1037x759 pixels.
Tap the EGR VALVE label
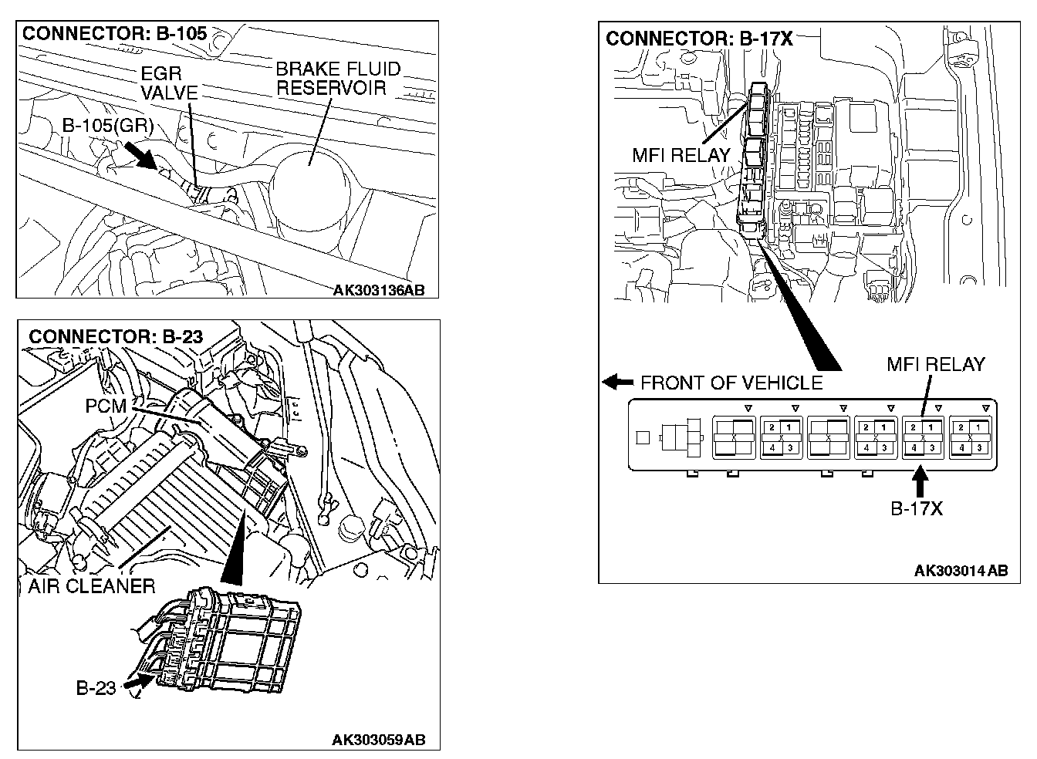[x=170, y=83]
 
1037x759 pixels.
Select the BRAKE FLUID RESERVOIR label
[x=338, y=78]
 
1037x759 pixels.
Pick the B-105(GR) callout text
[x=108, y=126]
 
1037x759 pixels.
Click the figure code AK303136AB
[x=378, y=291]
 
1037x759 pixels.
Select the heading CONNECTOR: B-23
[x=115, y=337]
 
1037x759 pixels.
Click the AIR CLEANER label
[x=92, y=586]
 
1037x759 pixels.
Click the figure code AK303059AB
[x=378, y=740]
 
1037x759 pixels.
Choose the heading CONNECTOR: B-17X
[x=699, y=39]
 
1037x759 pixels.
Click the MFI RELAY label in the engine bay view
[x=681, y=155]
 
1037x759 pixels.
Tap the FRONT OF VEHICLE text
[x=731, y=383]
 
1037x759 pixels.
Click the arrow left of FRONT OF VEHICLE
[x=616, y=382]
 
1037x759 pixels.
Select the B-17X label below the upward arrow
[x=917, y=508]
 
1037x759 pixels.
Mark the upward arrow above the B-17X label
[x=919, y=482]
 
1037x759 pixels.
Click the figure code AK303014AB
[x=961, y=571]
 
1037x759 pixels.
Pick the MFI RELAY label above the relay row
[x=935, y=363]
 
